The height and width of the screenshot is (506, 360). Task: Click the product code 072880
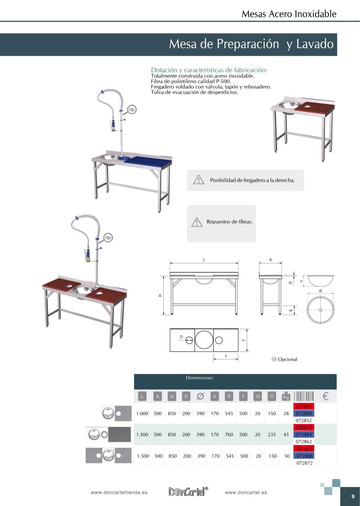pos(304,413)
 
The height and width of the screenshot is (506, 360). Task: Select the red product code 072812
pos(304,427)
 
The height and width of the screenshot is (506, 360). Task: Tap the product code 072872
pos(304,462)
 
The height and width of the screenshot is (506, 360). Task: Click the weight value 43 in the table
pos(286,434)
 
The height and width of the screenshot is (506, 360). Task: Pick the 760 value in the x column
pos(229,434)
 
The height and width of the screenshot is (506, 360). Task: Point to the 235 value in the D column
pos(271,434)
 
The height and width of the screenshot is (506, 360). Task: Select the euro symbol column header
pos(326,396)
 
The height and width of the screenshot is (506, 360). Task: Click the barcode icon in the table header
pos(304,396)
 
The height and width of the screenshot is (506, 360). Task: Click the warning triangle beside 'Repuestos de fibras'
pos(197,222)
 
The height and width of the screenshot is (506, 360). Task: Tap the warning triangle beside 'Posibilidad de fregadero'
pos(198,180)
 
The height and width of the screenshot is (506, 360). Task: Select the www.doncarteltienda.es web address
pos(119,493)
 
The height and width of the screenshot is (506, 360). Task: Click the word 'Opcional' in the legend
pos(288,359)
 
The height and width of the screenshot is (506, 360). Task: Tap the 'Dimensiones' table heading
pos(199,378)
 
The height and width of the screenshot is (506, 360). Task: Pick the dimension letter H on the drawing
pos(160,296)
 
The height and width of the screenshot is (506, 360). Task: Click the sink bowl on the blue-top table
pos(109,158)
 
